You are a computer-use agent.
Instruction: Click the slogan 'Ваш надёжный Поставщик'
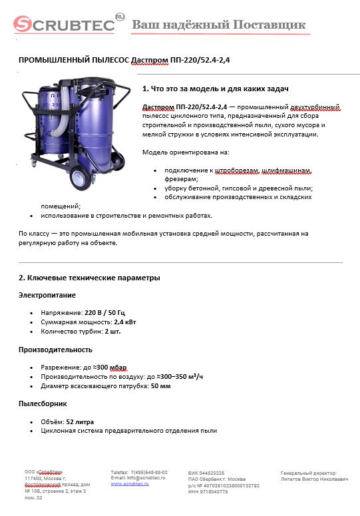pyautogui.click(x=220, y=25)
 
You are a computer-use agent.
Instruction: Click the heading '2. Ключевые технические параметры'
pyautogui.click(x=89, y=278)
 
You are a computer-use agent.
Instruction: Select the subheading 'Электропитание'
pyautogui.click(x=47, y=294)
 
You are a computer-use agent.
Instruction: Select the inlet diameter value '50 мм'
pyautogui.click(x=161, y=386)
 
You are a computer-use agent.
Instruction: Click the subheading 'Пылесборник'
pyautogui.click(x=42, y=403)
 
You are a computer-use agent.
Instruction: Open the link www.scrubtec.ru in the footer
pyautogui.click(x=129, y=484)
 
